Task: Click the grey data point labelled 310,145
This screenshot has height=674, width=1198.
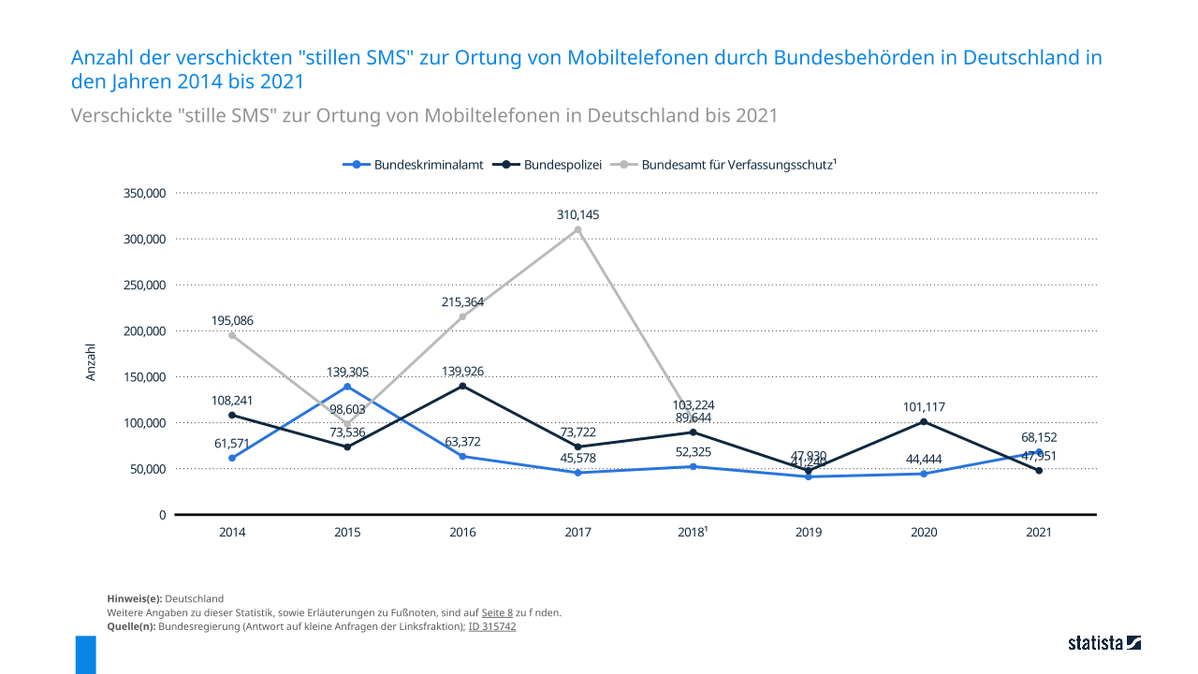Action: (x=577, y=229)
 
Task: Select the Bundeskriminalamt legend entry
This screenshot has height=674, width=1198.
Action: (x=413, y=165)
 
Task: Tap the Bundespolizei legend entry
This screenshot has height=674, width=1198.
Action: (x=553, y=165)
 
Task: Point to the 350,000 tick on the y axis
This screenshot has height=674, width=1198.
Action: (x=144, y=193)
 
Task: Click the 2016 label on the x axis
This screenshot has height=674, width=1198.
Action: (x=462, y=533)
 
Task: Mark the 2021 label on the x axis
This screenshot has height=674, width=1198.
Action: (x=1039, y=533)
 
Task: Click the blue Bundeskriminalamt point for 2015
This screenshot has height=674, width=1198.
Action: (x=347, y=387)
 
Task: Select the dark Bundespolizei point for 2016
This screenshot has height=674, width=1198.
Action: (x=462, y=386)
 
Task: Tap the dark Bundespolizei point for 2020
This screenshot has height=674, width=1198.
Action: (x=924, y=421)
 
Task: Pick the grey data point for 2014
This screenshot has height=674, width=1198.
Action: (x=232, y=335)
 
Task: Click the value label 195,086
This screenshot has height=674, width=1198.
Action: (x=232, y=320)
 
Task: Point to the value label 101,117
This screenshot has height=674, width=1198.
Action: (x=924, y=407)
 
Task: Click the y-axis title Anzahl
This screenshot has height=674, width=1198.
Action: (x=91, y=362)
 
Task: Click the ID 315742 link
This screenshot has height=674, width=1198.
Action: (x=492, y=627)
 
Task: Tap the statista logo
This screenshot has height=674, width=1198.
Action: (x=1104, y=643)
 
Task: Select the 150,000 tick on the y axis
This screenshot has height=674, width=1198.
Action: (x=144, y=376)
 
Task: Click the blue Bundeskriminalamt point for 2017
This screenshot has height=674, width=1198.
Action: (x=577, y=473)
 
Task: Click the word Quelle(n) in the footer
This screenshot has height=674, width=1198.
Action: (x=132, y=627)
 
